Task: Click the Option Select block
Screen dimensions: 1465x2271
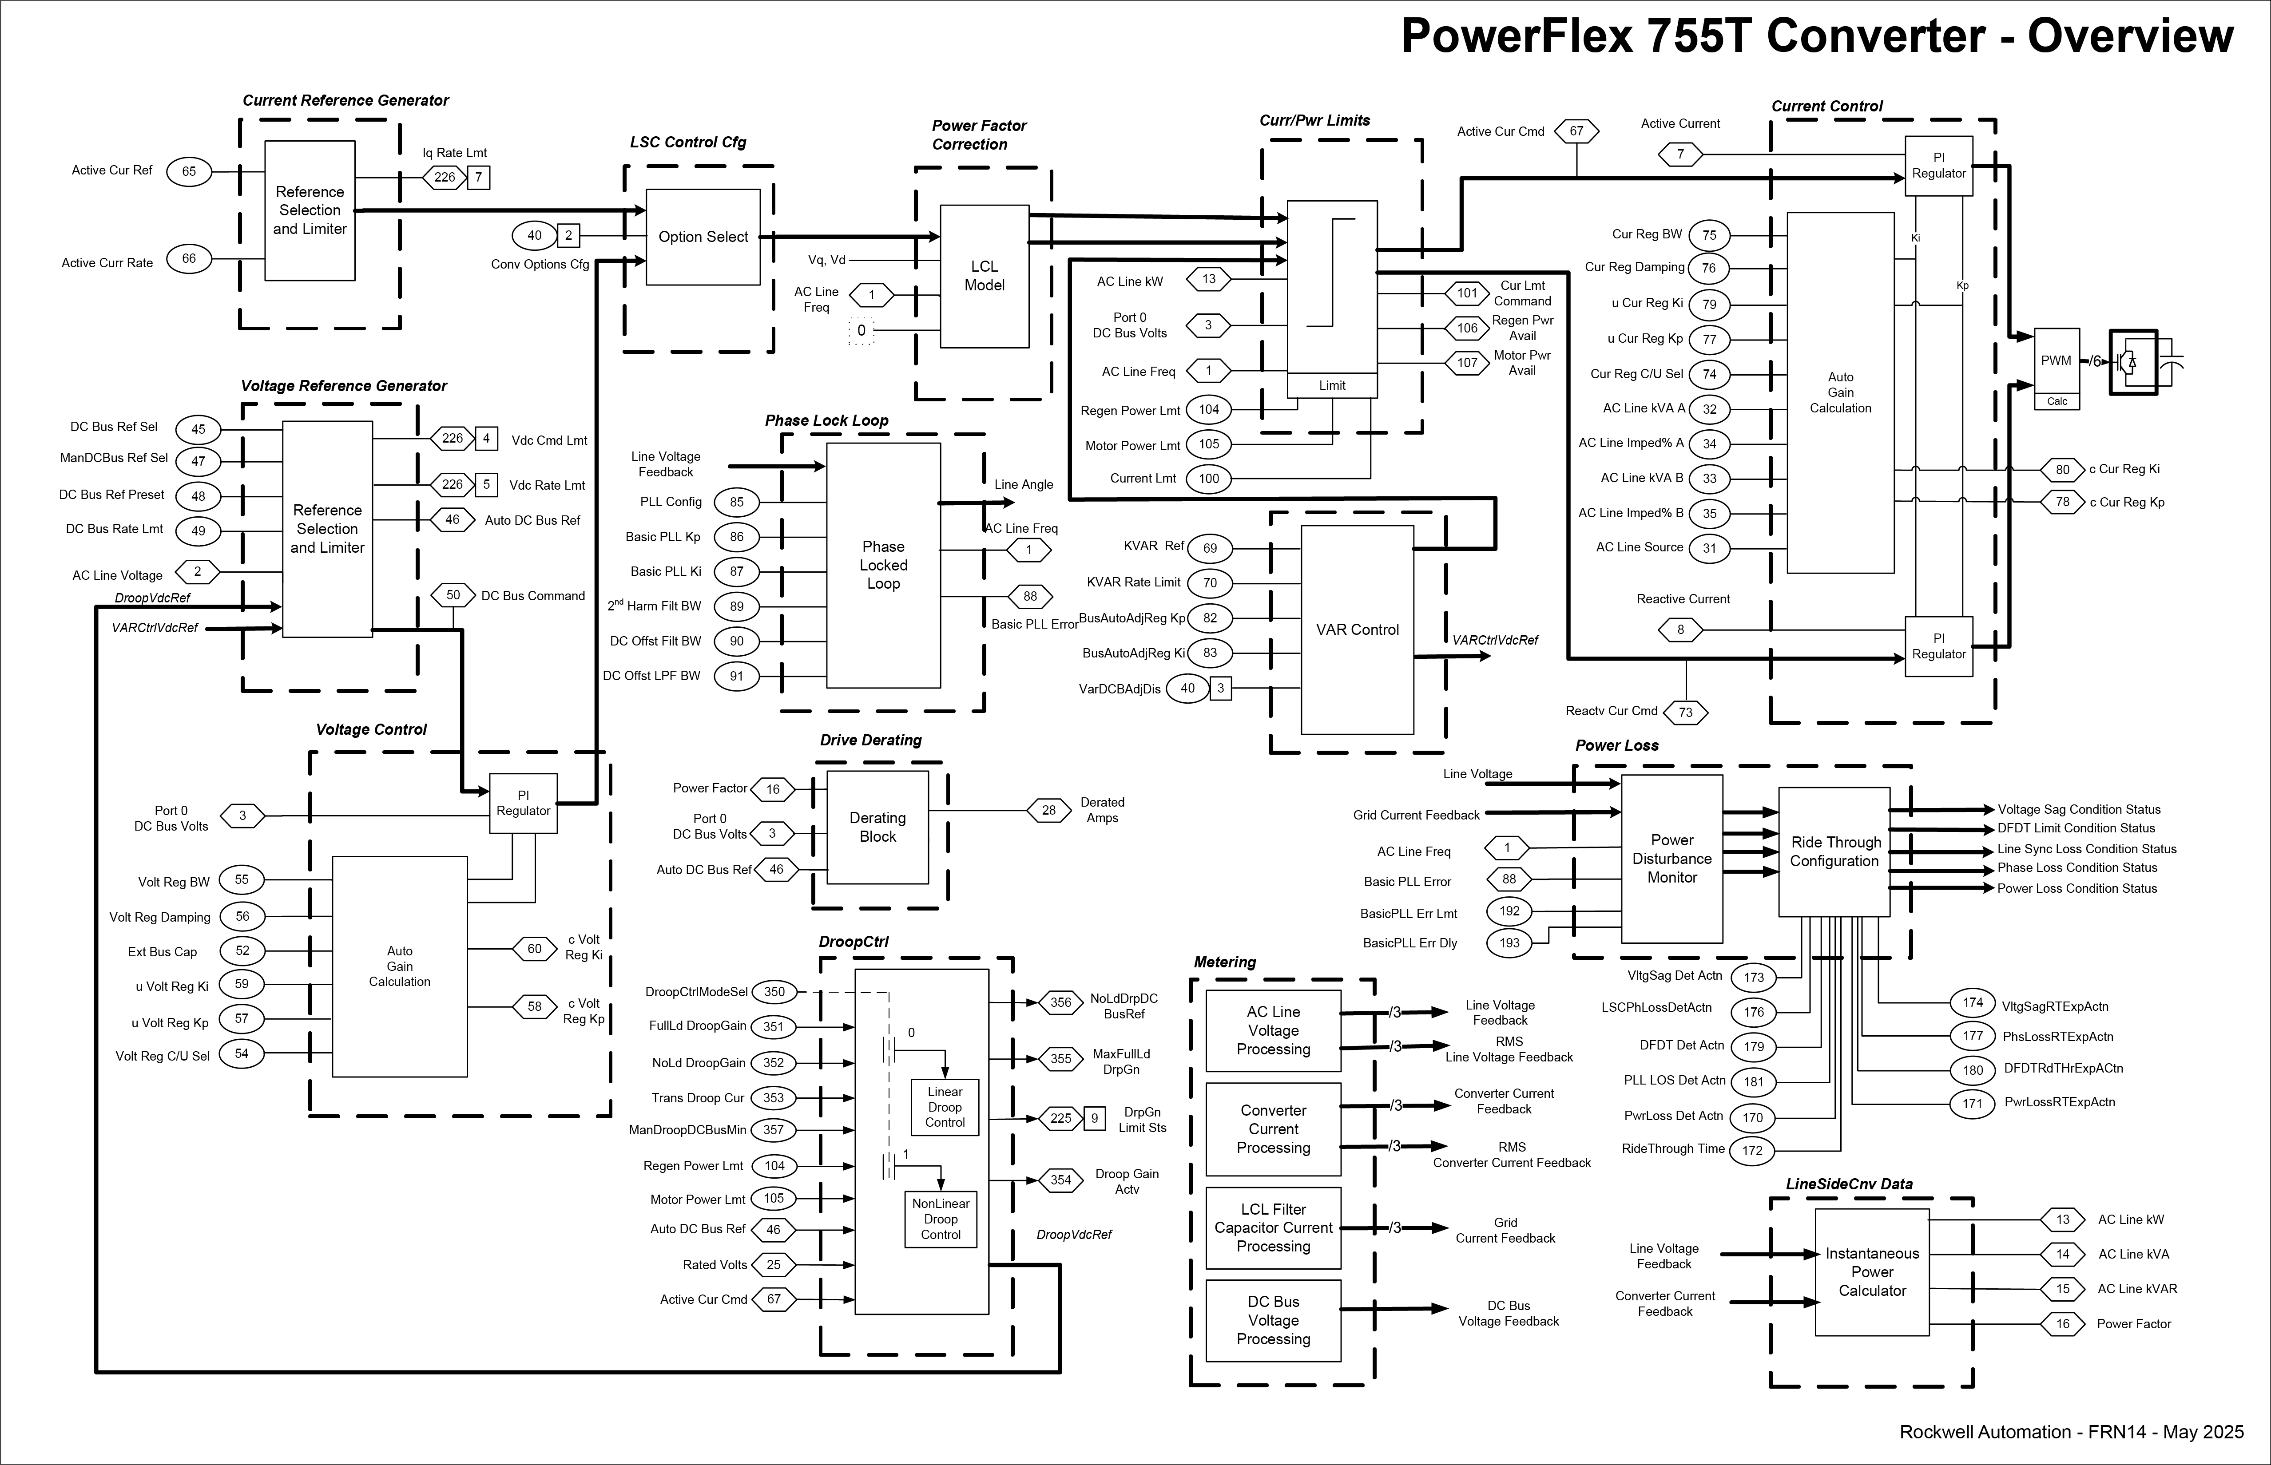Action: (703, 237)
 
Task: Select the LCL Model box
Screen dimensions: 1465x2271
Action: (984, 276)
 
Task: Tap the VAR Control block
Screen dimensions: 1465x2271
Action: (1357, 630)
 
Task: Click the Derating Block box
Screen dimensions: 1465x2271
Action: (877, 828)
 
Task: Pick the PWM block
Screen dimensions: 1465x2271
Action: (2056, 361)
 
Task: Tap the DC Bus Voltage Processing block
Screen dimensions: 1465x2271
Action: (1273, 1320)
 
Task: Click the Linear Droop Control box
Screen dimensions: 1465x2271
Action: (945, 1107)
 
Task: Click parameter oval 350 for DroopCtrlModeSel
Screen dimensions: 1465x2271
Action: (774, 991)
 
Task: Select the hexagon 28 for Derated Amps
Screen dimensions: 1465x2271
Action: (1048, 811)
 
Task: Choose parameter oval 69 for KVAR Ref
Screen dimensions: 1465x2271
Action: (1209, 548)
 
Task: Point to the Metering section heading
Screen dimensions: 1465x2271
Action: (1224, 962)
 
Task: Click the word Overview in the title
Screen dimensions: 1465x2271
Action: (2130, 36)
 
